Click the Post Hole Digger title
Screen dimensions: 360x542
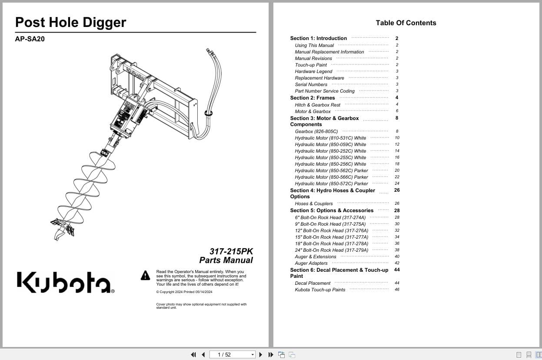point(70,23)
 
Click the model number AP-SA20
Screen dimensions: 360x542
point(30,39)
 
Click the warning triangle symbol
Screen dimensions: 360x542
point(145,275)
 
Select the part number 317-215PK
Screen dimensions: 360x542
point(231,251)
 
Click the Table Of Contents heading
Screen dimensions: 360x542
point(406,23)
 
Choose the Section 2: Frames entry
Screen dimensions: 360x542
point(313,98)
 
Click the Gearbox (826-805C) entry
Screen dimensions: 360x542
point(316,131)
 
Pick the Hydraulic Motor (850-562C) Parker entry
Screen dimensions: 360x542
point(331,170)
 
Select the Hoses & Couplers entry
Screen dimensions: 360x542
point(313,203)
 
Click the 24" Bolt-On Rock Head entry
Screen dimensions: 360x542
point(331,250)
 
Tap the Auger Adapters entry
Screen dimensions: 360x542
point(311,263)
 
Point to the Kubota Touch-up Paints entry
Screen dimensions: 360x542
point(320,290)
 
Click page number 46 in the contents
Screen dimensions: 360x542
point(397,290)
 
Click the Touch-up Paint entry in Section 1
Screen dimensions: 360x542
point(311,65)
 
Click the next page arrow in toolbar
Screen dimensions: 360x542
point(261,354)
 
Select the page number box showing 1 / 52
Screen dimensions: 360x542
point(232,354)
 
